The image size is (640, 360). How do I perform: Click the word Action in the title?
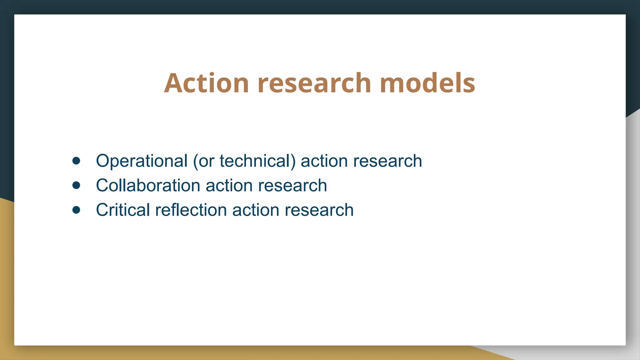206,83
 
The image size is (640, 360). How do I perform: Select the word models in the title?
427,83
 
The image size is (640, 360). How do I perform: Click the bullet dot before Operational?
76,161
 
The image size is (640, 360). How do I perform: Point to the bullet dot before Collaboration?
76,185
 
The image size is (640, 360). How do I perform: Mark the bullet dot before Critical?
76,210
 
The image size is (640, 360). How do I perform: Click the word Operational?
142,161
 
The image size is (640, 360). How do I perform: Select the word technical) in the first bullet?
257,161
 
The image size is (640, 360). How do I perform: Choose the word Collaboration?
148,186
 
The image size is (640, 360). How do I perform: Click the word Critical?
123,210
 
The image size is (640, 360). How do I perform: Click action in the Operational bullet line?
324,161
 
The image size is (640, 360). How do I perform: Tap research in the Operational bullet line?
387,161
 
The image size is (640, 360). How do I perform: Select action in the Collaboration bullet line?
229,186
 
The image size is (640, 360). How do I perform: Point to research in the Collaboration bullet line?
292,186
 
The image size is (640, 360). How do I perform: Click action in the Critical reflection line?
256,210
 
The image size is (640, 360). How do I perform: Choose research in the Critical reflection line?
319,210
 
